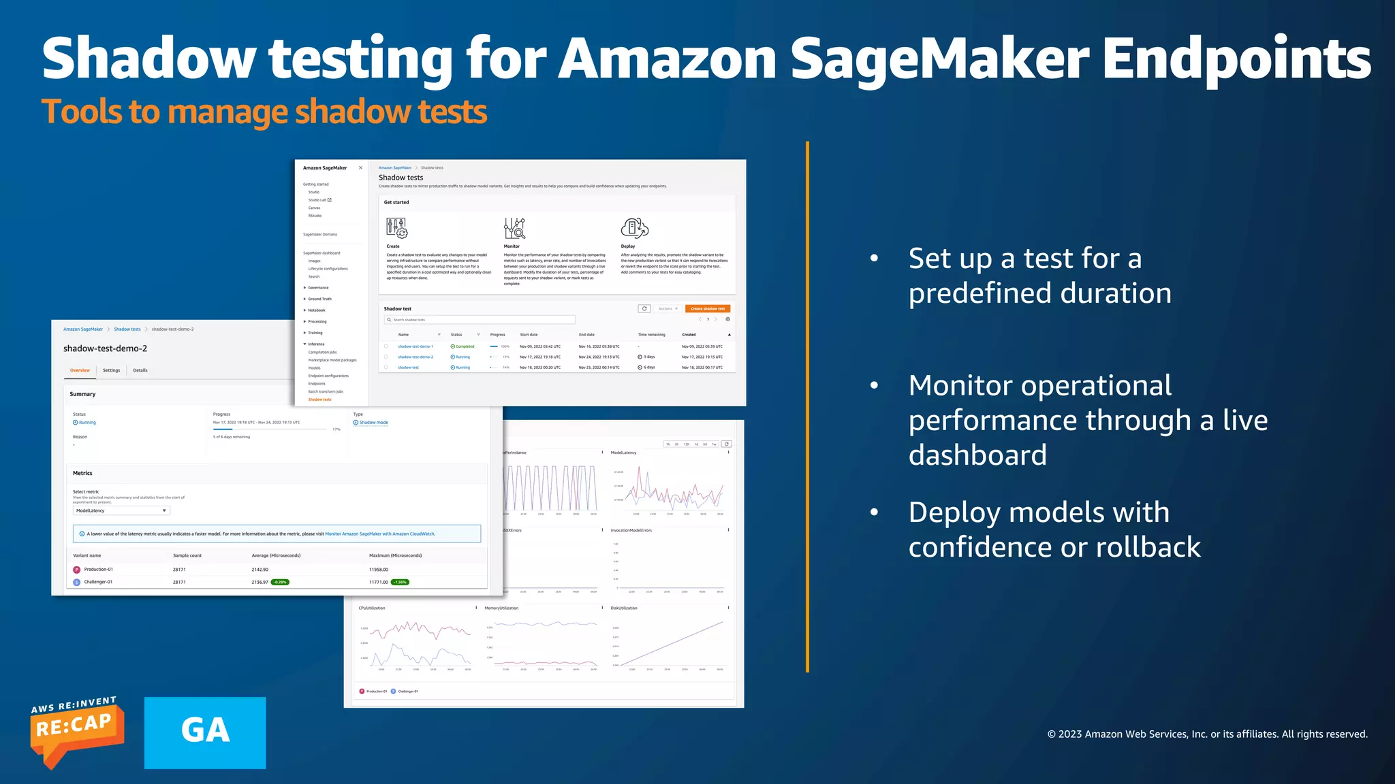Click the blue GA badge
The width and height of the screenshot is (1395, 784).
click(205, 732)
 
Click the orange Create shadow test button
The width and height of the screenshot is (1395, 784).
click(708, 308)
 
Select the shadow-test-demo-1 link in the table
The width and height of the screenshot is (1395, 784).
click(415, 346)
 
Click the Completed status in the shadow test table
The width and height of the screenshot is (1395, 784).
click(463, 346)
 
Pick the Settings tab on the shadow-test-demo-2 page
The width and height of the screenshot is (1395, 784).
click(111, 370)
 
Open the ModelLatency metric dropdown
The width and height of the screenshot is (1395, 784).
click(121, 510)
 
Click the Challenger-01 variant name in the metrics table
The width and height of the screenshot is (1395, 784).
click(98, 582)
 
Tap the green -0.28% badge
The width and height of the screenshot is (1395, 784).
click(280, 582)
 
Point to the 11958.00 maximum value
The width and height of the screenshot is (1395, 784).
click(379, 570)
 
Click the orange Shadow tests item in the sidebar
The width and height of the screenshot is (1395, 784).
click(319, 399)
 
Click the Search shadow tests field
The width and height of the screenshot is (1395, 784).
click(480, 319)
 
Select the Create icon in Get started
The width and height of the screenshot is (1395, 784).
click(396, 228)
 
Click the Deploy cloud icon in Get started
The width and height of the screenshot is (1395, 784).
click(634, 227)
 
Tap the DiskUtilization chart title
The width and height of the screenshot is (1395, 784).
click(624, 608)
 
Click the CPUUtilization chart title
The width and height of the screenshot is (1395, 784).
click(372, 608)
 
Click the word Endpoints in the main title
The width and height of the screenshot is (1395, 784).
click(1236, 60)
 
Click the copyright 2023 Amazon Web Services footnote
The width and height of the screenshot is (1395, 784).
click(1207, 734)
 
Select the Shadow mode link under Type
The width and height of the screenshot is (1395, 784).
click(373, 423)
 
